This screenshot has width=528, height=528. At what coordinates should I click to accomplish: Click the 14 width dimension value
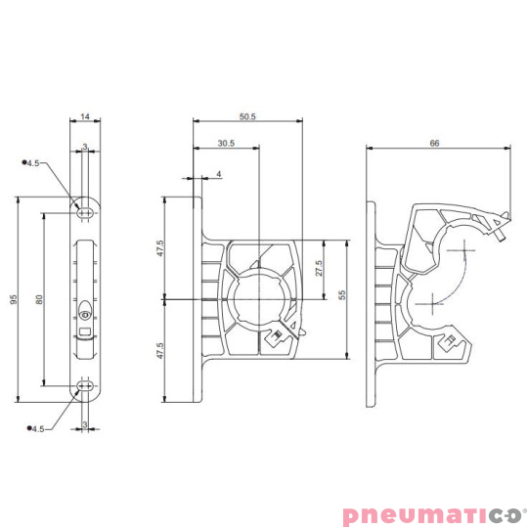[84, 116]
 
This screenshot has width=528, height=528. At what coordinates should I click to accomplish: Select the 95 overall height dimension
[14, 300]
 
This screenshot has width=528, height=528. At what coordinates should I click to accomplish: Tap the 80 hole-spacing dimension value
[38, 300]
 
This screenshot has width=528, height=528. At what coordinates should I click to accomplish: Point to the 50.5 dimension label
[247, 117]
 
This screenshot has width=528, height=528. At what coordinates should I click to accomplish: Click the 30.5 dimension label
[226, 143]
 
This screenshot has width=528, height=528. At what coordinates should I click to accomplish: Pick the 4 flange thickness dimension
[218, 174]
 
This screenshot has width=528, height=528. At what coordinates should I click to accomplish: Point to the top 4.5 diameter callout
[34, 163]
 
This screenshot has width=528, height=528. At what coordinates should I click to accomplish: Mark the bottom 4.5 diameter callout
[37, 428]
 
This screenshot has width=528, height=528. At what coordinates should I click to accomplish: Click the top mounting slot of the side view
[85, 209]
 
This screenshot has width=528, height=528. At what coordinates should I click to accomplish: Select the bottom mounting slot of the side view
[85, 389]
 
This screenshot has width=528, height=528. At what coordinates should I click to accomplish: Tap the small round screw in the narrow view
[86, 315]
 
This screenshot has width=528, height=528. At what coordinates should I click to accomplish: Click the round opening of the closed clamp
[259, 296]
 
